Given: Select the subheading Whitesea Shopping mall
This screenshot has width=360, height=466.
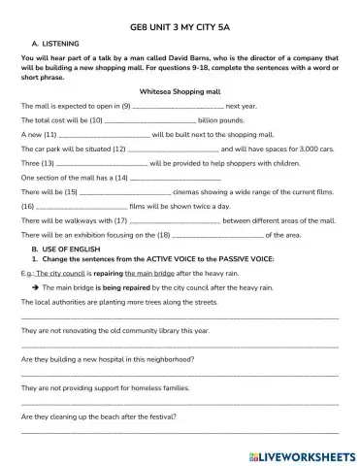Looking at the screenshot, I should pos(180,89).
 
